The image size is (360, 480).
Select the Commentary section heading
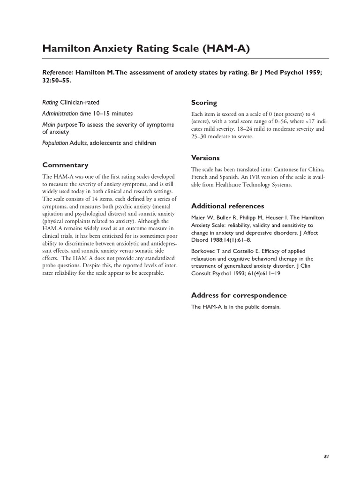(65, 165)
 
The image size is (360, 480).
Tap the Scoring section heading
(204, 103)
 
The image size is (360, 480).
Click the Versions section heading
(205, 158)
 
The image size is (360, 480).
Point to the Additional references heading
(227, 206)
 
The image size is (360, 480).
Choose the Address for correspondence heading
(239, 295)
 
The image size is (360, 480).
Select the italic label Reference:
(58, 73)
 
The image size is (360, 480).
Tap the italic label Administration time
(66, 113)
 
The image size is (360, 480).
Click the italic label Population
(55, 143)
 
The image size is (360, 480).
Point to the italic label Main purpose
(60, 125)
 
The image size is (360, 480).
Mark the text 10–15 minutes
(112, 113)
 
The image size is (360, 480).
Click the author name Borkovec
(203, 251)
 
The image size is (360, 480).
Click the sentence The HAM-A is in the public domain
(235, 307)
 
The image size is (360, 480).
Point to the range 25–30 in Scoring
(199, 136)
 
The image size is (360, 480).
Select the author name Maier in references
(199, 217)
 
